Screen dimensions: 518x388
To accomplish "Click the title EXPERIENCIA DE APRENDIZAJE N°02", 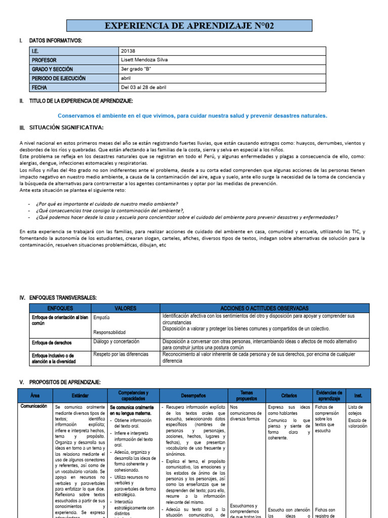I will click(x=189, y=26).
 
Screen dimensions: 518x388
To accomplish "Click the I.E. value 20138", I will click(x=128, y=51).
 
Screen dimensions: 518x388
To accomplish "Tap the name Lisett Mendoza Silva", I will click(x=144, y=60).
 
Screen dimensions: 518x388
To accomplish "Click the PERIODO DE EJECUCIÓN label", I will click(x=59, y=78).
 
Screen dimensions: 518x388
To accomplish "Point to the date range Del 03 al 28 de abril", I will click(x=144, y=88).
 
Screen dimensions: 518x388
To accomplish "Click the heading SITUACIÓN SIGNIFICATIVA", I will click(x=66, y=127).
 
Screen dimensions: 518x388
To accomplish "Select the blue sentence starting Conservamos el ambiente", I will click(x=192, y=116).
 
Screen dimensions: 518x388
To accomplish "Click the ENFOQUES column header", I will click(x=60, y=308).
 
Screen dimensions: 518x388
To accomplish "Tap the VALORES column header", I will click(x=125, y=308).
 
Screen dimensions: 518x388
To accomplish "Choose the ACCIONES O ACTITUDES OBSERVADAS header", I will click(x=264, y=308).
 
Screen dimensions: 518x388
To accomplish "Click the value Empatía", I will click(x=102, y=318).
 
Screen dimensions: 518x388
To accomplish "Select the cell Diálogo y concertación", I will click(x=117, y=341).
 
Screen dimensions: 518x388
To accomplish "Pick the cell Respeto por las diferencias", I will click(x=121, y=355).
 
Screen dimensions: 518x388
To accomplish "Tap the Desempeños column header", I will click(x=193, y=395).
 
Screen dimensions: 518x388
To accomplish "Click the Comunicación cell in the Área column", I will click(x=34, y=406).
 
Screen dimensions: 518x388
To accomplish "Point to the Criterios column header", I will click(x=289, y=395).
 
